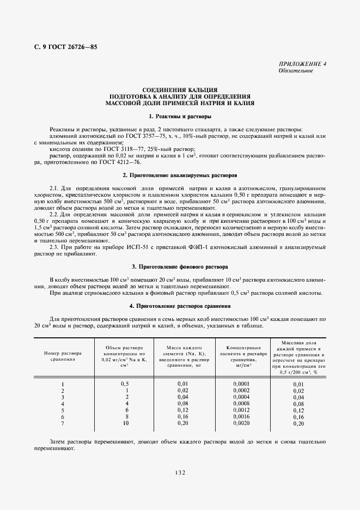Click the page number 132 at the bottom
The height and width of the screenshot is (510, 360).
(180, 473)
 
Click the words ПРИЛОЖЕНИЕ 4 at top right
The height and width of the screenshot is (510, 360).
(302, 64)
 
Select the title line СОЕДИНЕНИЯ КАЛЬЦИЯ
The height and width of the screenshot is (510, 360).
(180, 89)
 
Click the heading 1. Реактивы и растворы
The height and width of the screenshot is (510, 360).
(180, 117)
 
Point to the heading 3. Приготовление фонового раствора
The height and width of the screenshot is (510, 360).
(180, 266)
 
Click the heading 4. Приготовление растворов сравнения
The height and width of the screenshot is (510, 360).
(180, 306)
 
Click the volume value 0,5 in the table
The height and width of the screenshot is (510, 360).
(124, 384)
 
